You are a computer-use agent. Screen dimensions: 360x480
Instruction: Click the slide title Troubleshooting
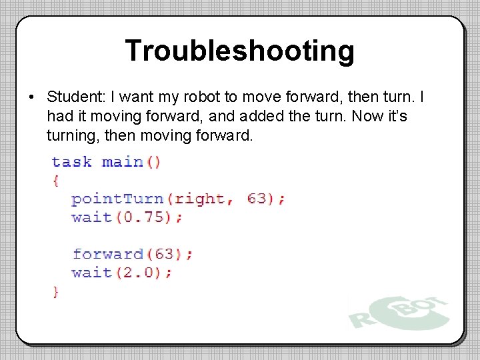click(239, 51)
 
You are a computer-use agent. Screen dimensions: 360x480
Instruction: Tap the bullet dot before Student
click(31, 98)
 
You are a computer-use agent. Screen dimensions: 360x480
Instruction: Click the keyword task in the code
click(71, 162)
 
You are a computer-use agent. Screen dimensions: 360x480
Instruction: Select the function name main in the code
click(122, 162)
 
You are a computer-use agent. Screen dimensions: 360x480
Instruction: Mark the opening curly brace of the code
click(55, 180)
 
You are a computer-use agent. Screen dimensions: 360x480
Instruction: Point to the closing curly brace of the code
click(55, 291)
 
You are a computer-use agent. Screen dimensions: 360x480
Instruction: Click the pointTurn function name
click(117, 199)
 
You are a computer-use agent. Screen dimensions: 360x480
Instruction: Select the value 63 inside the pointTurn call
click(257, 199)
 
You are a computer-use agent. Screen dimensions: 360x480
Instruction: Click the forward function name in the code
click(107, 254)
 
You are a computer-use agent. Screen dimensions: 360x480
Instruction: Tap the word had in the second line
click(59, 117)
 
